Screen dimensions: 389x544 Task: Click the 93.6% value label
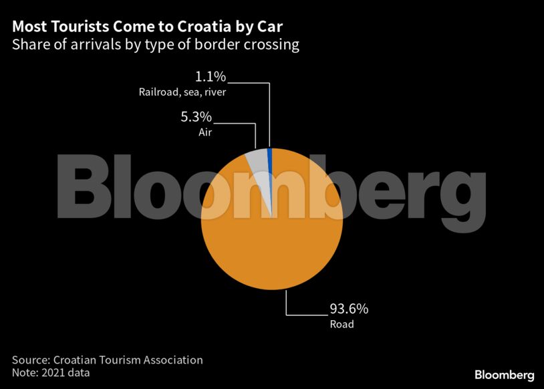pyautogui.click(x=349, y=309)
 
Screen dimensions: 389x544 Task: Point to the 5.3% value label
pyautogui.click(x=195, y=118)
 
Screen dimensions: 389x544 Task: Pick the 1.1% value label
pyautogui.click(x=210, y=77)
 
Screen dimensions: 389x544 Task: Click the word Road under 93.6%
pyautogui.click(x=342, y=325)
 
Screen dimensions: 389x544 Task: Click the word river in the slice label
pyautogui.click(x=214, y=92)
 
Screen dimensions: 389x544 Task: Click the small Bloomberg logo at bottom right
pyautogui.click(x=504, y=374)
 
